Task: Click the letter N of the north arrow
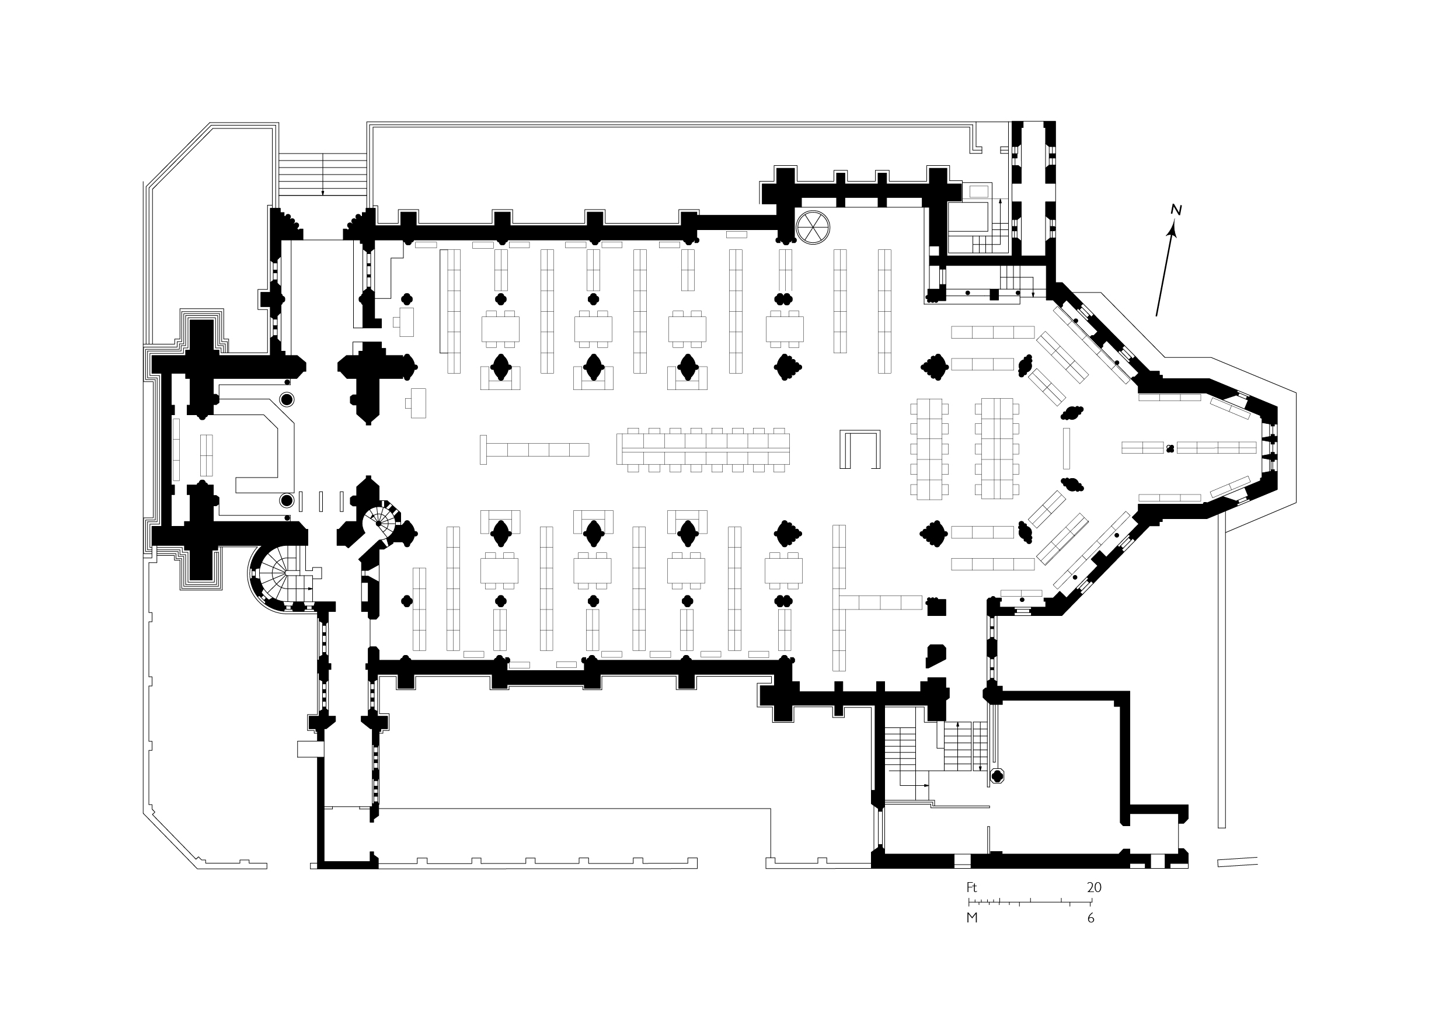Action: [1176, 211]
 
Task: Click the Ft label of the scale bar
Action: [971, 888]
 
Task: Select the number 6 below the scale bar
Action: [1090, 918]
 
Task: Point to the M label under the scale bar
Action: [972, 918]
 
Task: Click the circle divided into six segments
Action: [813, 227]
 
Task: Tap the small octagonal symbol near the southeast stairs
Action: [997, 776]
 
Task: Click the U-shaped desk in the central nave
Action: [860, 449]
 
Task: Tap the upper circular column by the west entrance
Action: [287, 399]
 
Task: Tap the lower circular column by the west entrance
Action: [287, 500]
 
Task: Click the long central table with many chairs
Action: [703, 449]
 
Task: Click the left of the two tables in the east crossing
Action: [929, 449]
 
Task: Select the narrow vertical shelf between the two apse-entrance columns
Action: [1066, 448]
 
